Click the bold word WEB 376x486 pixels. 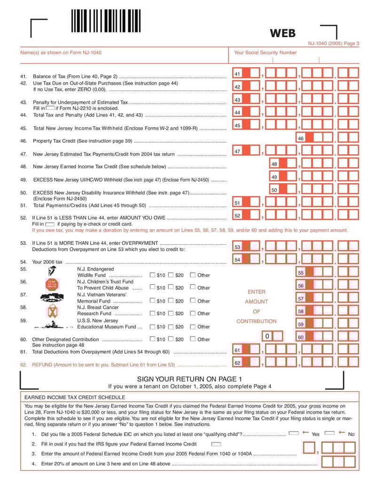283,33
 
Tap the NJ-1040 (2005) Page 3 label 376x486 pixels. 334,44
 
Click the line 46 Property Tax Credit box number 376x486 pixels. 301,139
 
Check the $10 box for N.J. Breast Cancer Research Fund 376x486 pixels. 152,313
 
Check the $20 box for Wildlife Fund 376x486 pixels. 171,275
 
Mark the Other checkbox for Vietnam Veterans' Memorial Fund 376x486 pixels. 193,301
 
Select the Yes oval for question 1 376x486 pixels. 294,433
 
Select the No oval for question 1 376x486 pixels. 329,433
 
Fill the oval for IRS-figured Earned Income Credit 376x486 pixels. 216,444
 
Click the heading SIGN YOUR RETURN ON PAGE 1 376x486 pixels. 189,379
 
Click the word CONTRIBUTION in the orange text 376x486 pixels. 256,321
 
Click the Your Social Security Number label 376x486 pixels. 265,53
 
